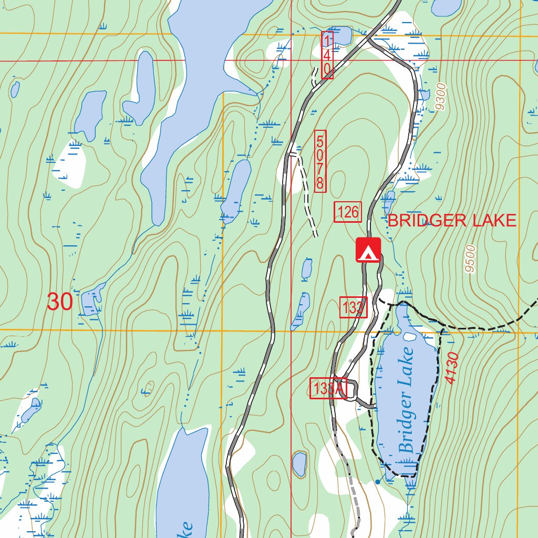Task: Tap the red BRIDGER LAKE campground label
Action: (x=452, y=221)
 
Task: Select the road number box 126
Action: (x=348, y=212)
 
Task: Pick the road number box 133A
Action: (x=328, y=389)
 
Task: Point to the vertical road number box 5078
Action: (x=320, y=161)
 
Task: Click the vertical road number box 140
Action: (x=327, y=55)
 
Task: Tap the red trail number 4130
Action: (x=452, y=368)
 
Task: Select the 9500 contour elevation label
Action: (x=470, y=258)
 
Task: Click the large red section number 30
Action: (x=59, y=302)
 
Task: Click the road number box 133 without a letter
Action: (x=353, y=307)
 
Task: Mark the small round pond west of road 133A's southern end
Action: (x=299, y=464)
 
